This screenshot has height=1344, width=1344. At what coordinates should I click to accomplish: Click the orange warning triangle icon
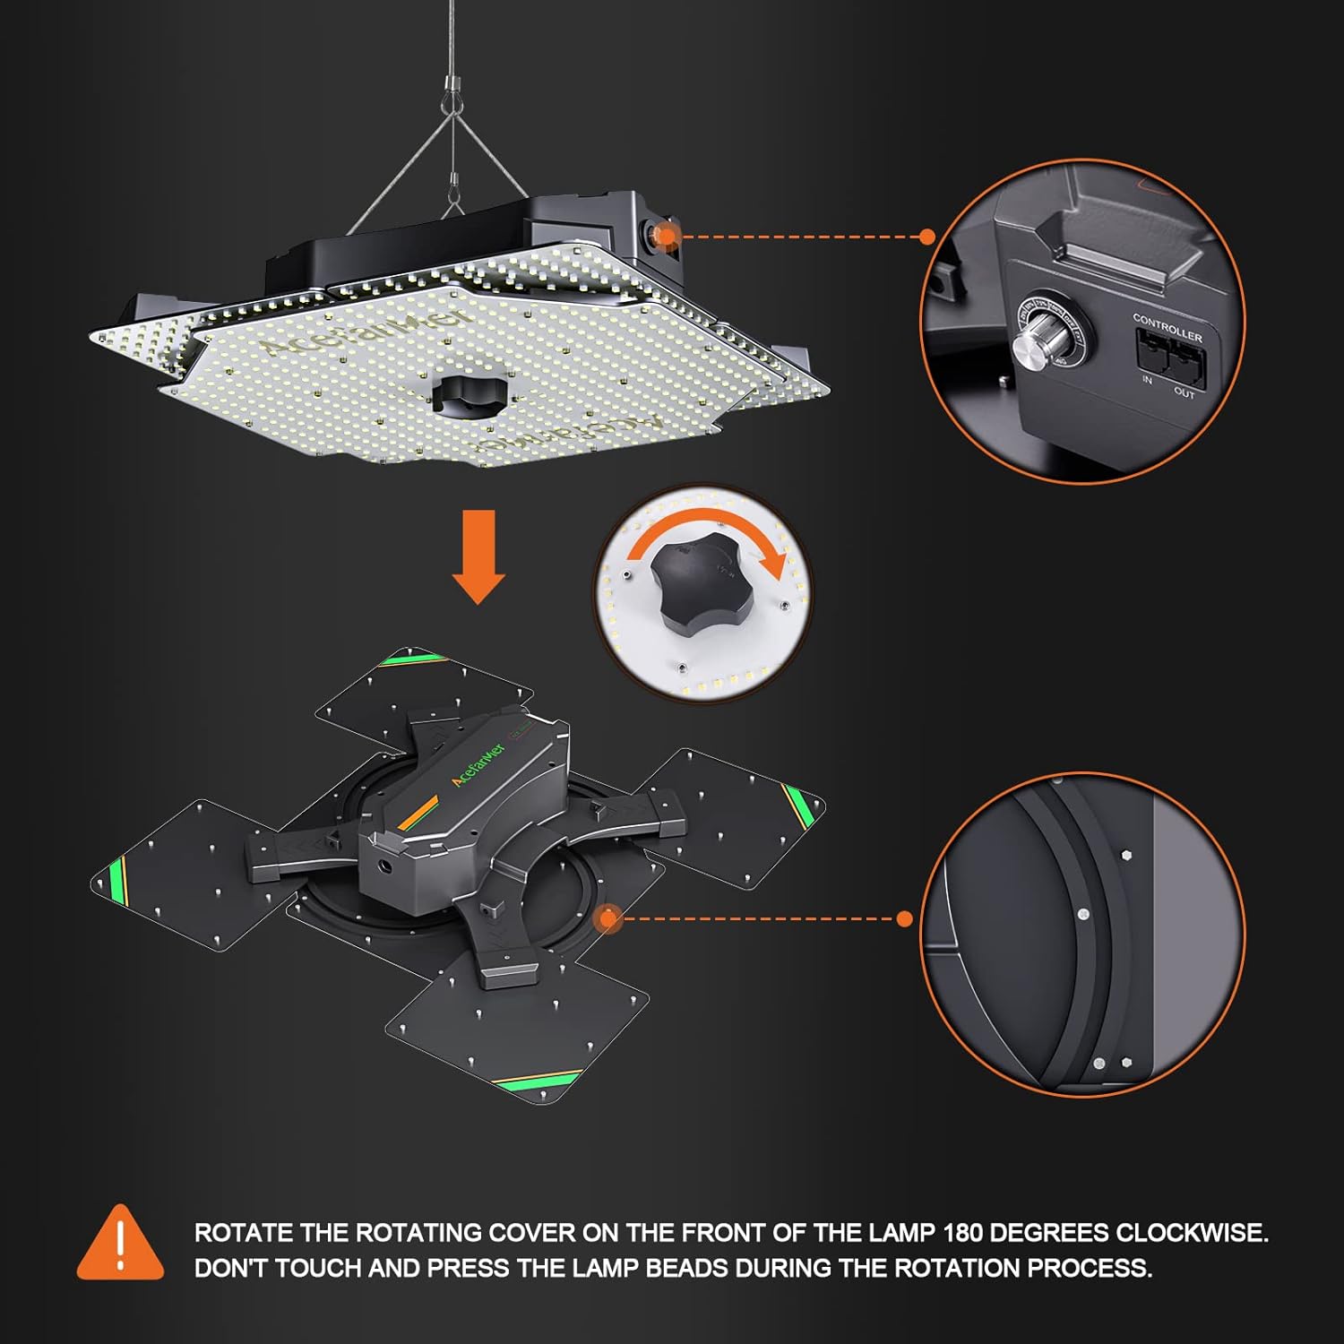pyautogui.click(x=120, y=1245)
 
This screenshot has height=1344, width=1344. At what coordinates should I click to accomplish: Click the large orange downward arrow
pyautogui.click(x=478, y=556)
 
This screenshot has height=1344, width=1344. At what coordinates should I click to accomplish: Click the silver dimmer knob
pyautogui.click(x=1037, y=344)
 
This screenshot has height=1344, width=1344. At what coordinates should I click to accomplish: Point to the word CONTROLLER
pyautogui.click(x=1167, y=325)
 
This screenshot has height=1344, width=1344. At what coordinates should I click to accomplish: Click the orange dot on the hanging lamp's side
pyautogui.click(x=665, y=236)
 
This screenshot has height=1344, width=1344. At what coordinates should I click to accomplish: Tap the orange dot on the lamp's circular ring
pyautogui.click(x=609, y=918)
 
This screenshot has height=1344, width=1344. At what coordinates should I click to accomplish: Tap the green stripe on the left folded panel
pyautogui.click(x=116, y=882)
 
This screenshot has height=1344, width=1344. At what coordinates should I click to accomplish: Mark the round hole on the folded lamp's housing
pyautogui.click(x=386, y=867)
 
